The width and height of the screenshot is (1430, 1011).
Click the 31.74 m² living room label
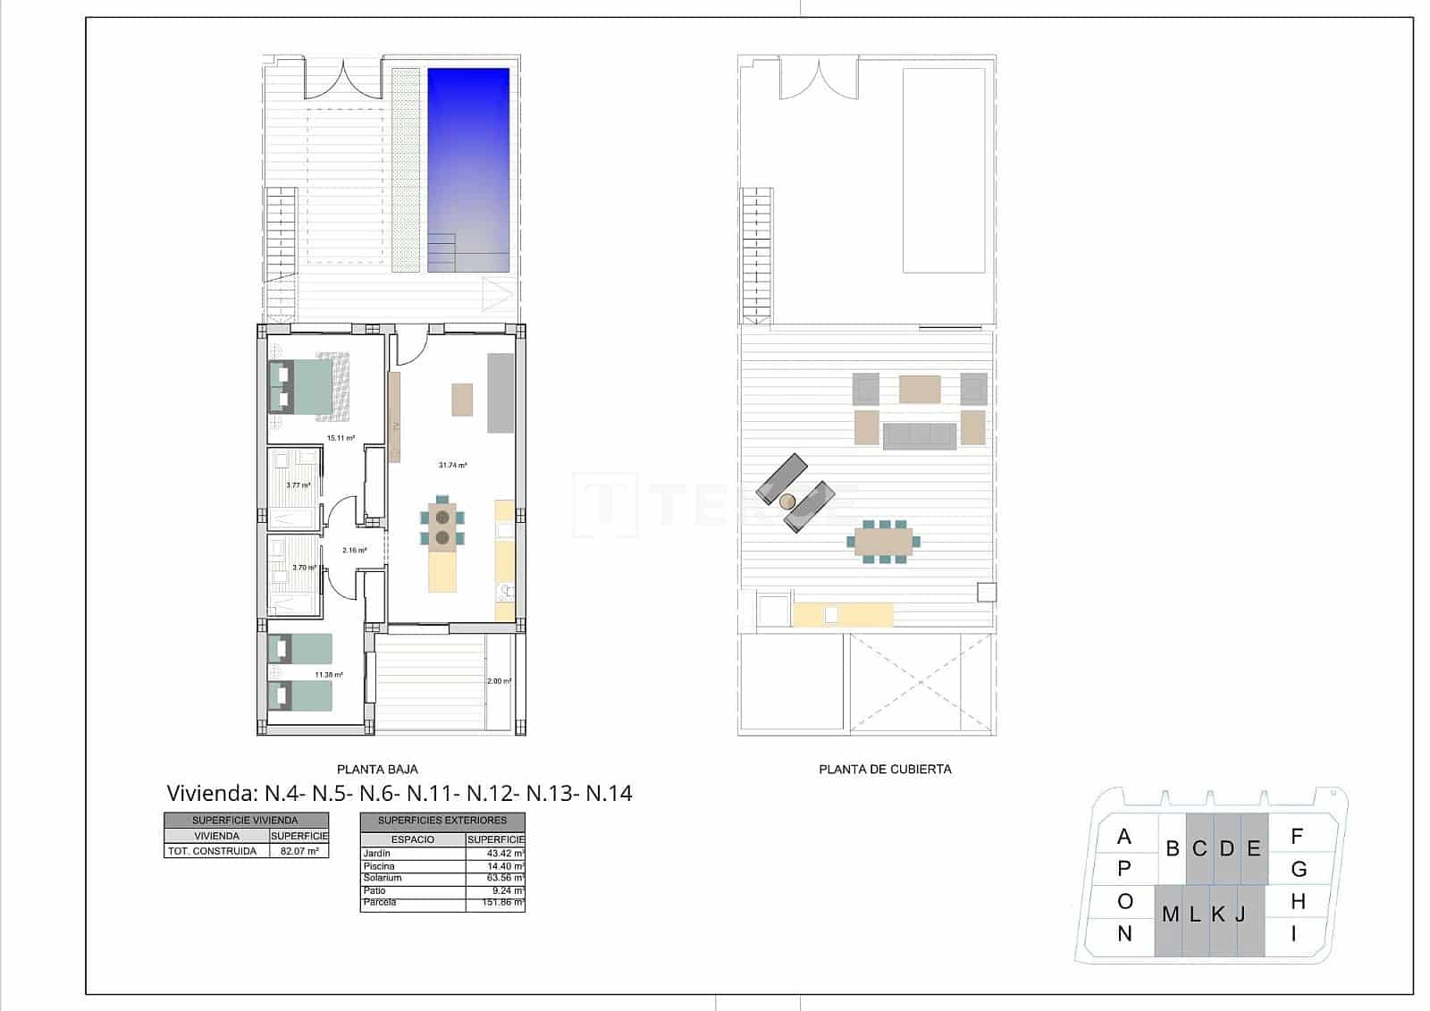point(452,465)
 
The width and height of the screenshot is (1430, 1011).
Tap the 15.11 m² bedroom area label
point(341,438)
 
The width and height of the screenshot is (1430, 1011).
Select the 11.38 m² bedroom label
point(329,675)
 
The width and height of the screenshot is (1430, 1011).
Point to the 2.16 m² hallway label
point(354,550)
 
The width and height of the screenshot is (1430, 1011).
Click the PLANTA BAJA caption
point(377,769)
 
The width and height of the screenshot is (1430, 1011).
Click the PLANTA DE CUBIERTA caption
point(885,769)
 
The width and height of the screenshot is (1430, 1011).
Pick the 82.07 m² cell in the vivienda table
point(299,851)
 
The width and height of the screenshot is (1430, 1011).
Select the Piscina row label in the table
point(379,866)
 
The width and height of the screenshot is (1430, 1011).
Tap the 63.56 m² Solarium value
point(496,878)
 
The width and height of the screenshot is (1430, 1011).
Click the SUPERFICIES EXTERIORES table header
point(442,820)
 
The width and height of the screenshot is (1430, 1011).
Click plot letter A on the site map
point(1124,837)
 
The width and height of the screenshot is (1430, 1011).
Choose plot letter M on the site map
point(1170,914)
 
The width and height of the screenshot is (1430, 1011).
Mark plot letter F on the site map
point(1297,837)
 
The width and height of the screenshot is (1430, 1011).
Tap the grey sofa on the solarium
point(920,435)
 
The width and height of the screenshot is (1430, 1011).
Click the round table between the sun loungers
point(788,501)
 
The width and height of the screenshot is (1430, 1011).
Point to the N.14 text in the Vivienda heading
point(609,793)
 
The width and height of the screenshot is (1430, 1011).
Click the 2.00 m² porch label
point(499,681)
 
